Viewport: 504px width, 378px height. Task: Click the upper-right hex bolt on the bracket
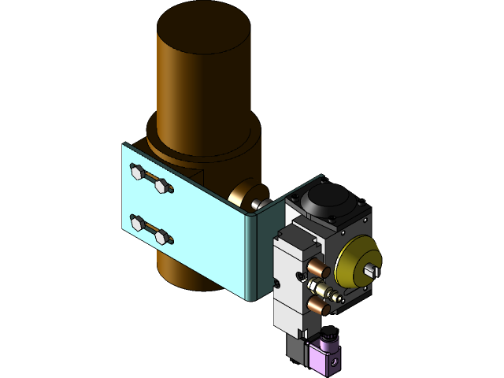164,187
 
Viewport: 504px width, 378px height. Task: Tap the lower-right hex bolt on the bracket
163,237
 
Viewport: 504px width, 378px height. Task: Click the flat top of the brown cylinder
203,28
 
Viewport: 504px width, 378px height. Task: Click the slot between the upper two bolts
150,179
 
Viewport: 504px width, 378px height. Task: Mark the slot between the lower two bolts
150,230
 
